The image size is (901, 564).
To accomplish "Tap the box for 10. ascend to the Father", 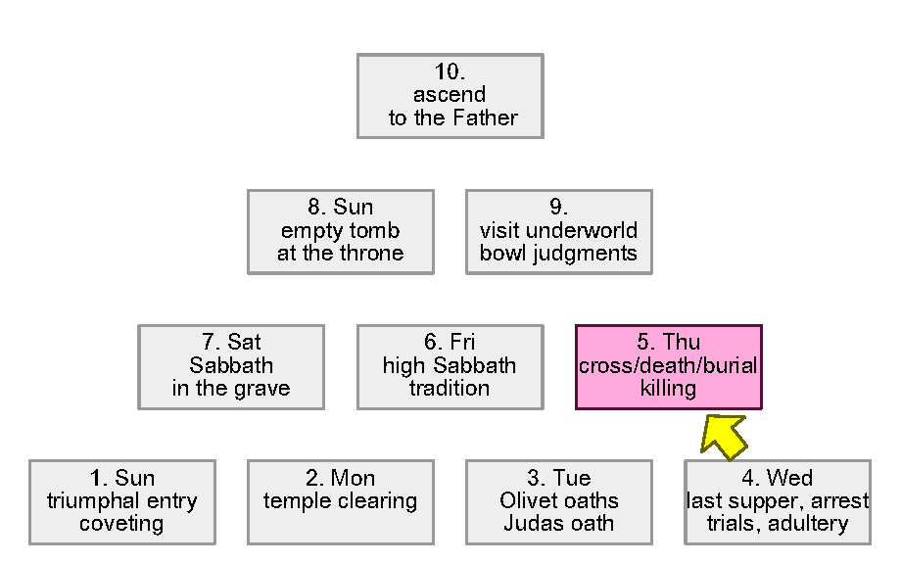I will tap(450, 95).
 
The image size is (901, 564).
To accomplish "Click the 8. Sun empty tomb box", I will tap(340, 231).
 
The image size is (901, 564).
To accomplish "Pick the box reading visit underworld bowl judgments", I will tap(558, 231).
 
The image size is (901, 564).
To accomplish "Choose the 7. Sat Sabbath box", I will tap(231, 366).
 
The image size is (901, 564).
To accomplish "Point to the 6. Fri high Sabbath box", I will tap(450, 366).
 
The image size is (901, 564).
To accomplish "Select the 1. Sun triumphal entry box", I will tap(121, 501).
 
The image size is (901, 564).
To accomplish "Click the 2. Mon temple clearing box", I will tap(340, 501).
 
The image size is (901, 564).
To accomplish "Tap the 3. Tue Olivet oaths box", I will tap(558, 501).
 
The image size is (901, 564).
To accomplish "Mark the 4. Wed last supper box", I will tap(777, 501).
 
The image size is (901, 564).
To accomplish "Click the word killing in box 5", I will tap(668, 389).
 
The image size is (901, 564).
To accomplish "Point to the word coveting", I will tap(121, 524).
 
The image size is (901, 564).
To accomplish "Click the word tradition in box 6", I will tap(450, 389).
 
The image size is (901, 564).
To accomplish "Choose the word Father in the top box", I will tap(485, 118).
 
